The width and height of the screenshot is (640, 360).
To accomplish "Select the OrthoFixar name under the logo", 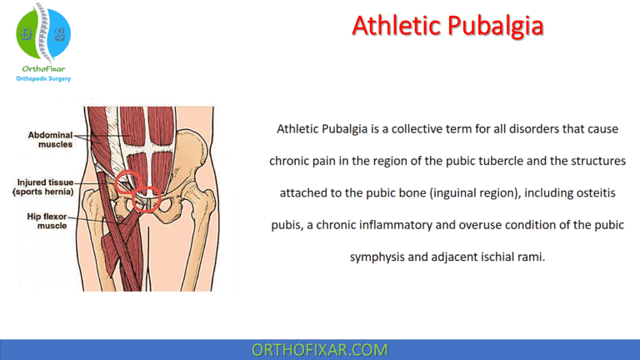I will click(x=43, y=69).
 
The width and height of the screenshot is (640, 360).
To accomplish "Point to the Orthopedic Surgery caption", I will click(x=43, y=79).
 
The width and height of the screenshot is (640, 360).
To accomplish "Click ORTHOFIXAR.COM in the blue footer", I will click(x=319, y=348).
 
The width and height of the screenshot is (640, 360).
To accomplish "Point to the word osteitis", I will click(x=592, y=192).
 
